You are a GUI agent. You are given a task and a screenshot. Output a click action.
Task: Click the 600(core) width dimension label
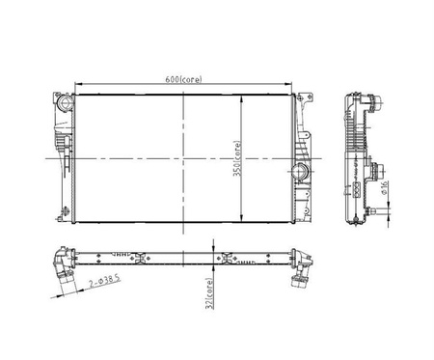tap(183, 79)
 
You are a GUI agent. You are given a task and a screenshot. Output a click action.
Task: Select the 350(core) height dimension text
tap(237, 158)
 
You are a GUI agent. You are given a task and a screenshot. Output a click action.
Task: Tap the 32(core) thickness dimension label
tap(209, 293)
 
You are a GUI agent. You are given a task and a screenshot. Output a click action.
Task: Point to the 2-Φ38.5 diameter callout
tap(105, 281)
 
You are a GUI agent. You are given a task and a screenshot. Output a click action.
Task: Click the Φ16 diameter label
tap(384, 187)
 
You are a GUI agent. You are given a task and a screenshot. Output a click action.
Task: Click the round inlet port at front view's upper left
tap(64, 103)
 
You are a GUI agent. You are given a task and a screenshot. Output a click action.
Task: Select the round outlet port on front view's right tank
tap(300, 172)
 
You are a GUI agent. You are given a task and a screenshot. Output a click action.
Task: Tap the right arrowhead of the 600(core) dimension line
tap(287, 84)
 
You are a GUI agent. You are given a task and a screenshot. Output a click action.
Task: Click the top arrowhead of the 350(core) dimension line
tap(241, 99)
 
